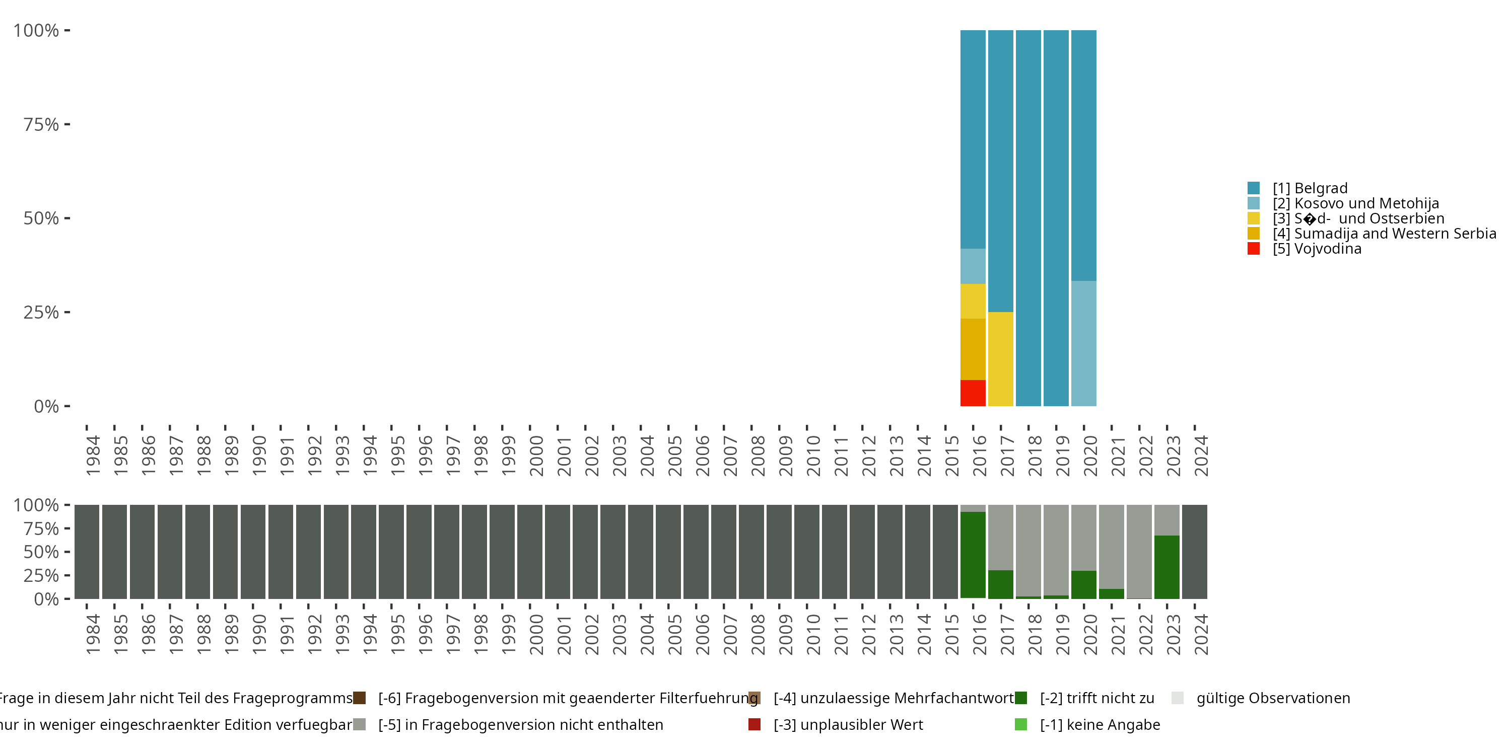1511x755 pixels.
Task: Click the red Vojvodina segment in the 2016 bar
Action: [x=973, y=393]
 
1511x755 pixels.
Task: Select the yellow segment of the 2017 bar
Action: [x=1000, y=359]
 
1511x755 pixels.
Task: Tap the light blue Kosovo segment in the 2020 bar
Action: [x=1083, y=343]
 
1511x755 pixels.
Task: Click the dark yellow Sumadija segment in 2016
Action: [x=973, y=349]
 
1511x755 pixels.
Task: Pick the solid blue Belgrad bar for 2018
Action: [x=1028, y=218]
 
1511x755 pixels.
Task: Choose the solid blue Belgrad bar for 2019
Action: [x=1056, y=218]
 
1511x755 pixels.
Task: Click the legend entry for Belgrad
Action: [x=1309, y=188]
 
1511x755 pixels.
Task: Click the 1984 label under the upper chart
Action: [x=93, y=456]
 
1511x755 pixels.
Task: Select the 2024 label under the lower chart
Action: [x=1201, y=634]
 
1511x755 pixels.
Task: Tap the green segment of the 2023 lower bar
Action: [x=1166, y=567]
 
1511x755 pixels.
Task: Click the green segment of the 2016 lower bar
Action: [x=973, y=555]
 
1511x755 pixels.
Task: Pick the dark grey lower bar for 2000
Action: [x=530, y=552]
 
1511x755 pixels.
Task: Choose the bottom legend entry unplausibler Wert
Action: [x=848, y=724]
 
